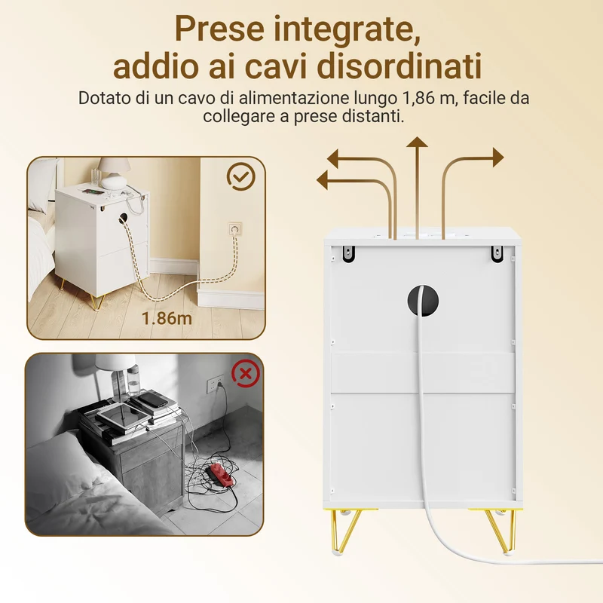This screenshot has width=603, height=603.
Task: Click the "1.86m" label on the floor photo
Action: [167, 318]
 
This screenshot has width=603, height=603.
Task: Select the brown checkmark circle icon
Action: [240, 176]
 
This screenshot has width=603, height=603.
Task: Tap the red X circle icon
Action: [246, 372]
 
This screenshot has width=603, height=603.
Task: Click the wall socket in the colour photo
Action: [235, 230]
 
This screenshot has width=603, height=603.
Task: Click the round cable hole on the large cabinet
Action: [423, 300]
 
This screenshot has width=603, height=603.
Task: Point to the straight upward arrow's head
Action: [418, 142]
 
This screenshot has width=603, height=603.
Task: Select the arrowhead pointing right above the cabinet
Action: [498, 158]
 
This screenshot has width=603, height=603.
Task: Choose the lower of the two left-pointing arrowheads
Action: [322, 180]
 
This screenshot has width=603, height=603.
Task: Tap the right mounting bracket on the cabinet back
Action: [497, 254]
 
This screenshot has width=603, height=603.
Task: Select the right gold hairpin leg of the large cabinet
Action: [499, 531]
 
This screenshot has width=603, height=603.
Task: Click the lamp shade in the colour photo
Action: [114, 164]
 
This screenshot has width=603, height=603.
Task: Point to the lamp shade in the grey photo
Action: [115, 362]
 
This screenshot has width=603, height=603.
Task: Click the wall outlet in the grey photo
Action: [215, 383]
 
